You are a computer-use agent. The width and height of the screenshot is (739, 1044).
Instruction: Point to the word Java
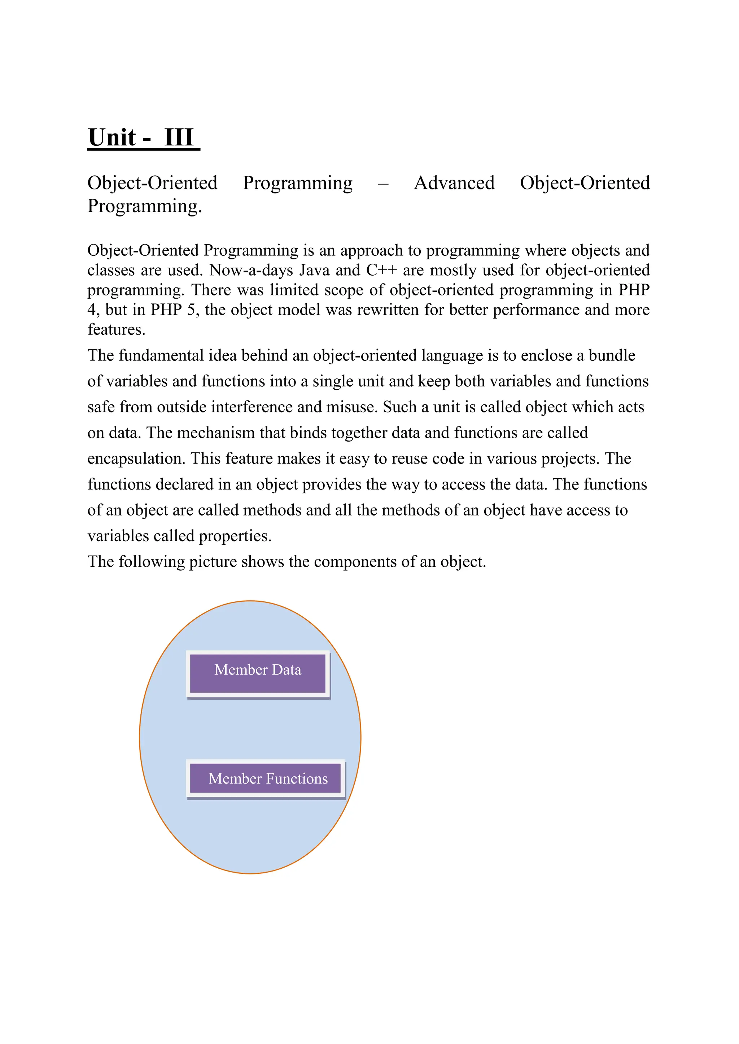[314, 270]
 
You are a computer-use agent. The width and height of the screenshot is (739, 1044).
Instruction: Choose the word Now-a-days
[251, 270]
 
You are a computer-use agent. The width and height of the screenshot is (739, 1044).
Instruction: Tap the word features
[116, 329]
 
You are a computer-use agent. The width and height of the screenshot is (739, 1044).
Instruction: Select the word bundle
[612, 355]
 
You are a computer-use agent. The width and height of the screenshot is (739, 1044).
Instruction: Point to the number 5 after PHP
[192, 310]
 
